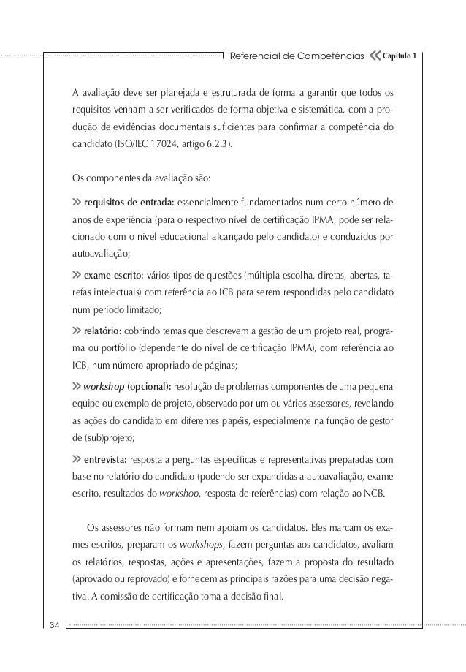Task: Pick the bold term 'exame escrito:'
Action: [113, 277]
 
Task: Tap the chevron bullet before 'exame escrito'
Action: [76, 277]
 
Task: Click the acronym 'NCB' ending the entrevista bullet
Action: [378, 494]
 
